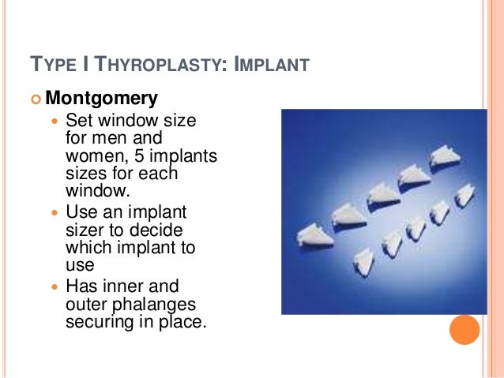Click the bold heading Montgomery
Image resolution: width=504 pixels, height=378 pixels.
(x=101, y=99)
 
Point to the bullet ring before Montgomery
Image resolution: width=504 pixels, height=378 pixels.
(x=35, y=99)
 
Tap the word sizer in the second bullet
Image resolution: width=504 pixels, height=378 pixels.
(x=84, y=230)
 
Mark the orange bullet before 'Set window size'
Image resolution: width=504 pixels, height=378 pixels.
(x=55, y=122)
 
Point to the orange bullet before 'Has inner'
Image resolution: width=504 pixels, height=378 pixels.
(x=55, y=287)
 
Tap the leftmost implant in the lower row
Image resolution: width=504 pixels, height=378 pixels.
(x=364, y=260)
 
